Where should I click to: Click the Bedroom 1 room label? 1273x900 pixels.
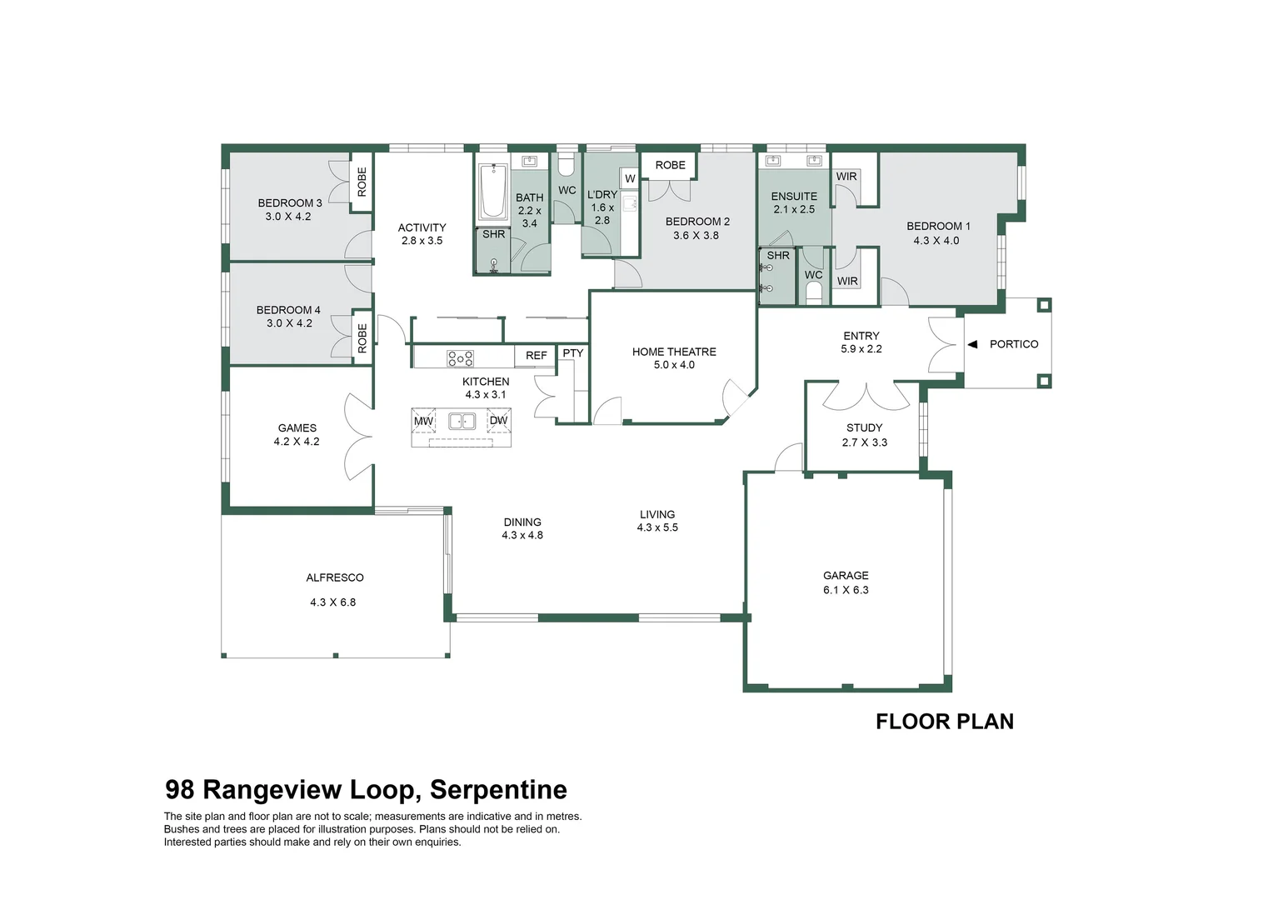938,226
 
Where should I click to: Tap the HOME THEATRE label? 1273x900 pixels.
674,352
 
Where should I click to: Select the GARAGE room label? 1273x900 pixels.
846,575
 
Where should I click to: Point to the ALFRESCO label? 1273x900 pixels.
335,577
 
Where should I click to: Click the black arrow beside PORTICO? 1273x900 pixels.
972,344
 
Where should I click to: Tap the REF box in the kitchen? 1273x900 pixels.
537,356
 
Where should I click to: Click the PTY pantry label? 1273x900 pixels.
573,353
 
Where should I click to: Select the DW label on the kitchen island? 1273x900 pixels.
498,421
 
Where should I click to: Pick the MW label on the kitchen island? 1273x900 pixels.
423,421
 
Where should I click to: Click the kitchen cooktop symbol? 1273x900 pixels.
460,358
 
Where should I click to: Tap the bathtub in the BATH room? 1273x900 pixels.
492,191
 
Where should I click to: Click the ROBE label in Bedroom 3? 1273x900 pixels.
362,182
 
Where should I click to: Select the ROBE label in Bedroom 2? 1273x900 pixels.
670,165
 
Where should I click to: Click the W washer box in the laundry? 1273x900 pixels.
630,178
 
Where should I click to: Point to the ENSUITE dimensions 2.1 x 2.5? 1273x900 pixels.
794,209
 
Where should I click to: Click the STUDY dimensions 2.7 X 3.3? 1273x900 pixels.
865,442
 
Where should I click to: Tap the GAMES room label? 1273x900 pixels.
297,428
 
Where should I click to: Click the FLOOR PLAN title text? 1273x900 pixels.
945,722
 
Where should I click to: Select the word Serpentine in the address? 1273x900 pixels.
498,789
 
